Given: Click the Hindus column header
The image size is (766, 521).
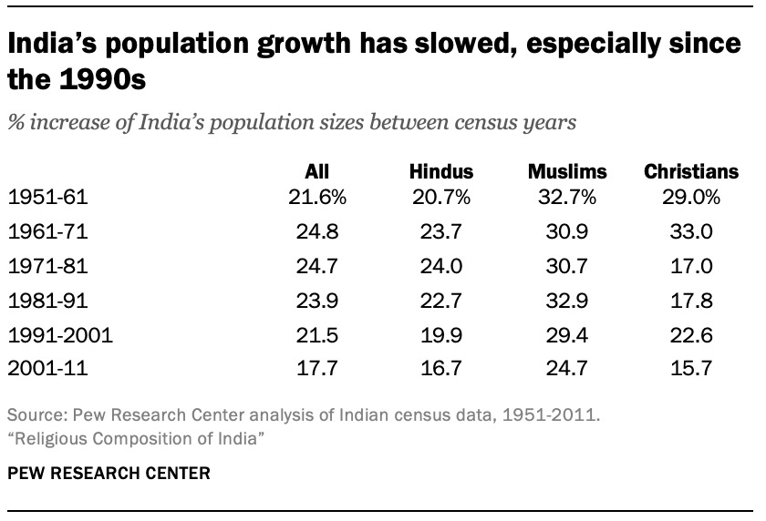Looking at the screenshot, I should click(x=441, y=171).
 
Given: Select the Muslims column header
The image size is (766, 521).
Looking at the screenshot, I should click(x=566, y=171).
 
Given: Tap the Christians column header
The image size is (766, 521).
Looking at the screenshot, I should click(x=690, y=171).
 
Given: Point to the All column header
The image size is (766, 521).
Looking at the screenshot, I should click(x=317, y=171).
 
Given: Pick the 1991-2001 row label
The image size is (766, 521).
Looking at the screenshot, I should click(x=60, y=335).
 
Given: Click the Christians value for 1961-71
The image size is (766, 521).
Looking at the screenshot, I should click(x=690, y=230).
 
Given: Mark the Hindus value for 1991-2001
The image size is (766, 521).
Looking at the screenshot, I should click(x=441, y=335).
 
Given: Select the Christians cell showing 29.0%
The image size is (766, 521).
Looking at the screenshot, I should click(x=690, y=196).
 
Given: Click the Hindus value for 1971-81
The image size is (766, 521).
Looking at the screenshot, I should click(x=441, y=265).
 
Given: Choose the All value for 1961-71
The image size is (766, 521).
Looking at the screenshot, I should click(x=317, y=230).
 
